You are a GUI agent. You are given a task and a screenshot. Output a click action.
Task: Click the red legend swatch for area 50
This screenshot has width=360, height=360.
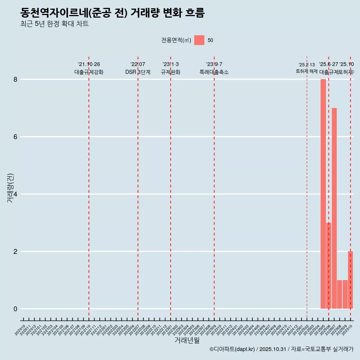(x=199, y=40)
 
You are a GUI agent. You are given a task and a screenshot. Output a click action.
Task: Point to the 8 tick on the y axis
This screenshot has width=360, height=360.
(x=15, y=79)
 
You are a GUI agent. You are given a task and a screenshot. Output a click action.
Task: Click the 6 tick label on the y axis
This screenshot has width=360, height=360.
(x=15, y=137)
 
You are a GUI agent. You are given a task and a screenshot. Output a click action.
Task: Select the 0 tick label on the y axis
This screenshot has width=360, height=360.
(x=15, y=309)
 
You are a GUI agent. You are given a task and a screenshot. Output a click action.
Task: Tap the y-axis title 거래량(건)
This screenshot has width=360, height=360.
(x=10, y=188)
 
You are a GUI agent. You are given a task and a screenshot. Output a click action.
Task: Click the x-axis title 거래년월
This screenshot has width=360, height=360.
(x=187, y=340)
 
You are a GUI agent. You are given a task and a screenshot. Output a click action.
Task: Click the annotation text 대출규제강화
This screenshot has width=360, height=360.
(x=89, y=72)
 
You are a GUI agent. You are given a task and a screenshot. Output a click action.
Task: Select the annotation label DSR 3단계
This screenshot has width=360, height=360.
(x=138, y=72)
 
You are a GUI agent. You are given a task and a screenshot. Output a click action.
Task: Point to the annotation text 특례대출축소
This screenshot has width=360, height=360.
(x=214, y=72)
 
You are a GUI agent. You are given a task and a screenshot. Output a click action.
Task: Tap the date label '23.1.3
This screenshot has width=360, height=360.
(x=171, y=64)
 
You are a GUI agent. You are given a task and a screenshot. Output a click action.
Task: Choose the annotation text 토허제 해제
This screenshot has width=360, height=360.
(x=307, y=71)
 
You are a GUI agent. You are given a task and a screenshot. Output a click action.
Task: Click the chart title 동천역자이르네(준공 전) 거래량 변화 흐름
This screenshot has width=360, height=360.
(x=112, y=13)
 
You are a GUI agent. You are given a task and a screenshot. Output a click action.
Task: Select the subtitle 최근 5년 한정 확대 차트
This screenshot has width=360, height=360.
(x=54, y=24)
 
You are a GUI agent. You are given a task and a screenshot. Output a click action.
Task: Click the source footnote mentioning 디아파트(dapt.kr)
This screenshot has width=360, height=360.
(x=281, y=349)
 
